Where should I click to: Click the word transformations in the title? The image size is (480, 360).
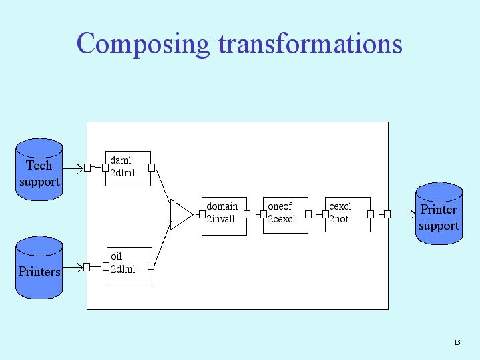pyautogui.click(x=310, y=43)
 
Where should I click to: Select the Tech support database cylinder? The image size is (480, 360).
pyautogui.click(x=39, y=171)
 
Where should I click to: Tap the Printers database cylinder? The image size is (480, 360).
pyautogui.click(x=39, y=268)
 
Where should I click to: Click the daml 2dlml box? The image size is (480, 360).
pyautogui.click(x=128, y=168)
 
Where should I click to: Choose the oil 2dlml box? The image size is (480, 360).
pyautogui.click(x=129, y=265)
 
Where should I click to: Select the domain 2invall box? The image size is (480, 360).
pyautogui.click(x=224, y=215)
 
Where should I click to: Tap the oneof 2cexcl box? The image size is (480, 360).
pyautogui.click(x=285, y=215)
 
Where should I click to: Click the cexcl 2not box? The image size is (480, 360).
pyautogui.click(x=347, y=215)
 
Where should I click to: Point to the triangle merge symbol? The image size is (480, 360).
pyautogui.click(x=180, y=214)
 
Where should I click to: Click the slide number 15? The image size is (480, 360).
pyautogui.click(x=457, y=343)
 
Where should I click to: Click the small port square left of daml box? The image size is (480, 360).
pyautogui.click(x=105, y=168)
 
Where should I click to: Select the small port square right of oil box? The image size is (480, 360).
pyautogui.click(x=151, y=266)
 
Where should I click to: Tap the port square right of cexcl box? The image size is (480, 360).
pyautogui.click(x=371, y=214)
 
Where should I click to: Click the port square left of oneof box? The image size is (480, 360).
pyautogui.click(x=264, y=214)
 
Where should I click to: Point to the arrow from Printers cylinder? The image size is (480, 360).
pyautogui.click(x=73, y=267)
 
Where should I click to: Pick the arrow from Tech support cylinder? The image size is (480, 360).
pyautogui.click(x=73, y=168)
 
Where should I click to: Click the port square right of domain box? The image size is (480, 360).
pyautogui.click(x=247, y=214)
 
